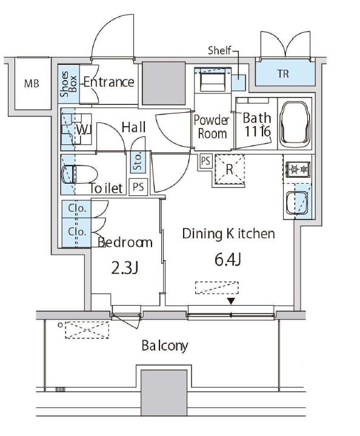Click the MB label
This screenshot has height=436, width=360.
[32, 84]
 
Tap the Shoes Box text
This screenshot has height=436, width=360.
[68, 84]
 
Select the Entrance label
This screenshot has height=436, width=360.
[109, 82]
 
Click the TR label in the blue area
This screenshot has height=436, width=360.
[283, 74]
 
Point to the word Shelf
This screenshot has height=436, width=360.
[219, 50]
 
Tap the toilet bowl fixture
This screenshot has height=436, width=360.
[80, 175]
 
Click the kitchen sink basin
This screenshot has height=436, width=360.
[296, 203]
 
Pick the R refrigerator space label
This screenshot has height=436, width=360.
[229, 169]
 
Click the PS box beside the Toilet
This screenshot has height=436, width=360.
[138, 187]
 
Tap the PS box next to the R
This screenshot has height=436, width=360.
[205, 161]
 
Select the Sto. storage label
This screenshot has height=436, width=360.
[138, 161]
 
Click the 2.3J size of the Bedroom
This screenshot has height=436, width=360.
[125, 268]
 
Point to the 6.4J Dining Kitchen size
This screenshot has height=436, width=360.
[227, 260]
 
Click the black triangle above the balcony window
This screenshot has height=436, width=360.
[231, 301]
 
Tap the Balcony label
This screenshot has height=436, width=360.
[165, 346]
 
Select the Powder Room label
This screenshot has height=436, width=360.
[212, 127]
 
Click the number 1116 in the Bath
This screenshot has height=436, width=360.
[257, 131]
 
